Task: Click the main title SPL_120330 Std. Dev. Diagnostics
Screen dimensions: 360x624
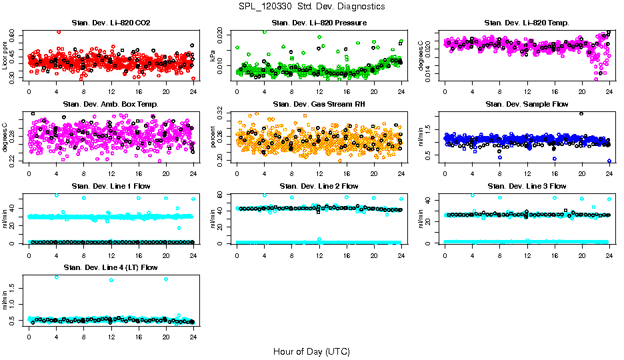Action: pyautogui.click(x=311, y=6)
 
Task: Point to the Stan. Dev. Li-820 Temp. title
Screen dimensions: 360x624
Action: pyautogui.click(x=527, y=23)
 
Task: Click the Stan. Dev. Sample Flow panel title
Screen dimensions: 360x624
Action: pyautogui.click(x=527, y=104)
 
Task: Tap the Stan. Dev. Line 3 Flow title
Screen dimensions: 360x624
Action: pyautogui.click(x=527, y=186)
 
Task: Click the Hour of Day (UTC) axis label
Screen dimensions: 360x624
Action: pyautogui.click(x=311, y=351)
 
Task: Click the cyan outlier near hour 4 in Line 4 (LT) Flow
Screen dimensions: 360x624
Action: pyautogui.click(x=56, y=277)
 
